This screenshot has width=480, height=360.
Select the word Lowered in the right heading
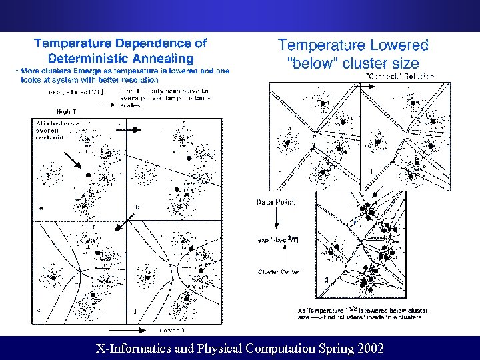395,45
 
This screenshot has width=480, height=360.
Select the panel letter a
41,207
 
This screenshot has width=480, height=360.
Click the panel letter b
137,207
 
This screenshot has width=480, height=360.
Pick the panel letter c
41,309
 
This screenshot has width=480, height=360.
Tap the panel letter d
135,311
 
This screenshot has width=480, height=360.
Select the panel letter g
326,280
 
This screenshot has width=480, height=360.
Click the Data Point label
275,202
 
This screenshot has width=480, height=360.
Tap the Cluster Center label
278,272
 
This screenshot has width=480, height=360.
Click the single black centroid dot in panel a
88,175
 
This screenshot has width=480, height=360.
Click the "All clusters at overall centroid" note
51,131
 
